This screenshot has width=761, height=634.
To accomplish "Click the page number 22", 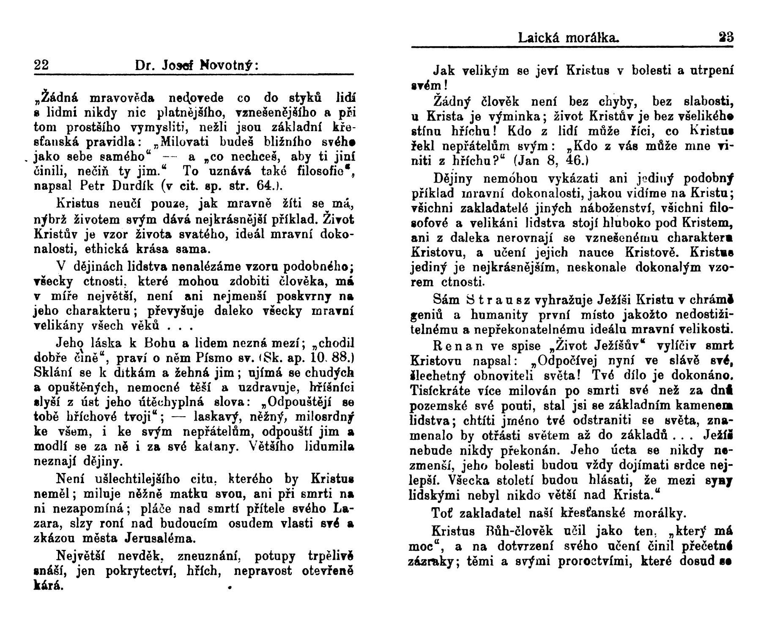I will click(41, 66).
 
